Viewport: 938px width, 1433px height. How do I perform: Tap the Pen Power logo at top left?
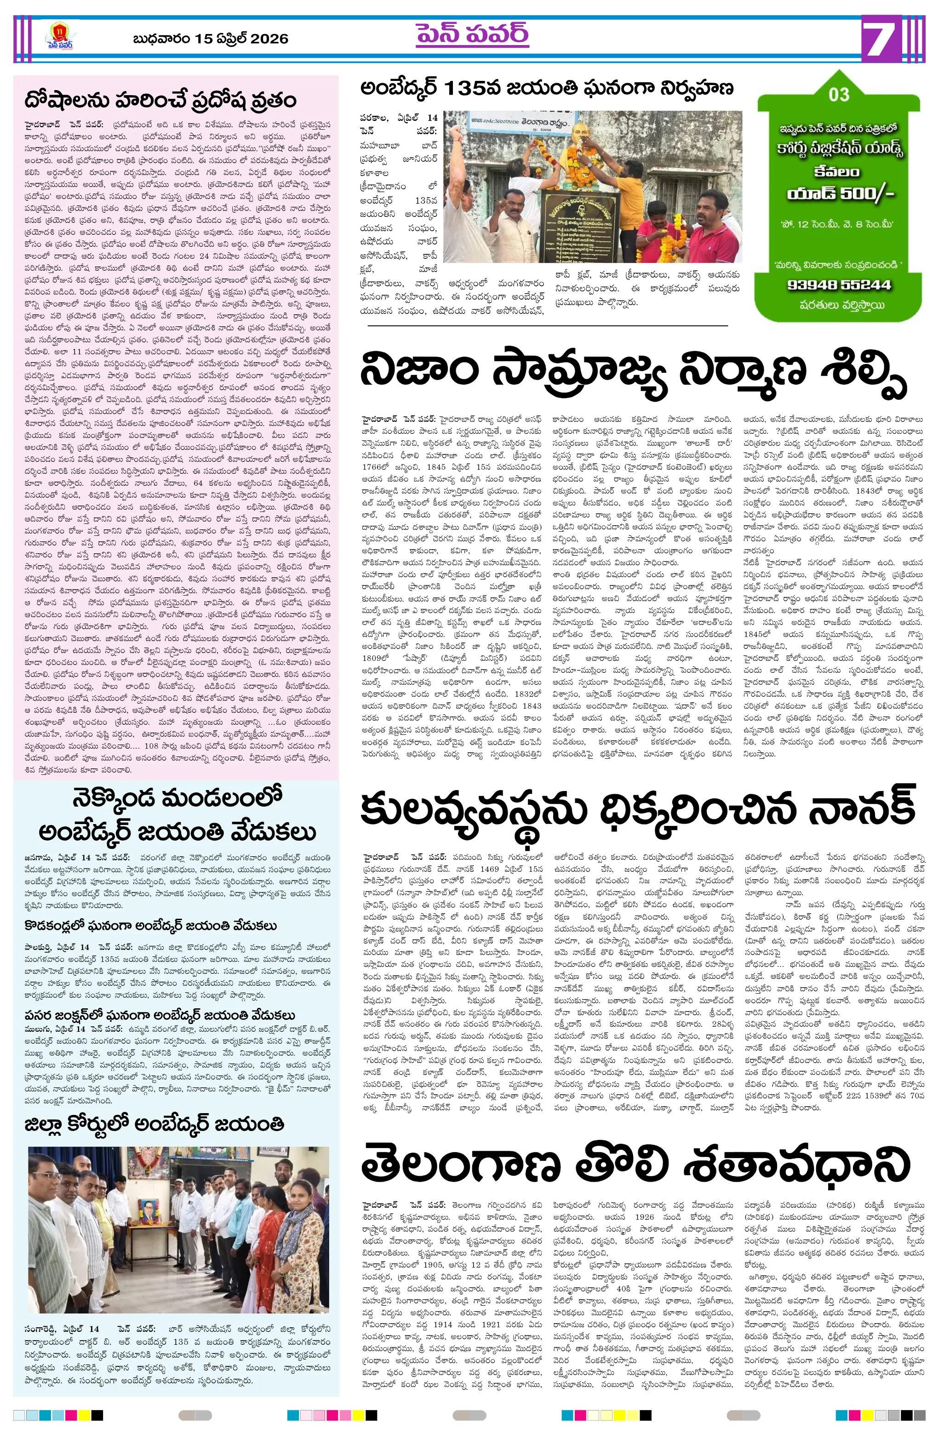pos(59,37)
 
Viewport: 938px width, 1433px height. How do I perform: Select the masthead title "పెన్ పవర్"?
pos(472,35)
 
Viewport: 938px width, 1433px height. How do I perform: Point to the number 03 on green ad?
pos(839,95)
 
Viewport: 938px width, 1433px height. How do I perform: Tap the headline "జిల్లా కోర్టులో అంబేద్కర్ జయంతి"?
pos(154,1124)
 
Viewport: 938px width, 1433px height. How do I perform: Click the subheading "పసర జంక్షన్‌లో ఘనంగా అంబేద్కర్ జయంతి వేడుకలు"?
pos(160,1016)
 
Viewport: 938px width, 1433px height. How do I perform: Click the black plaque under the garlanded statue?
pos(583,226)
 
